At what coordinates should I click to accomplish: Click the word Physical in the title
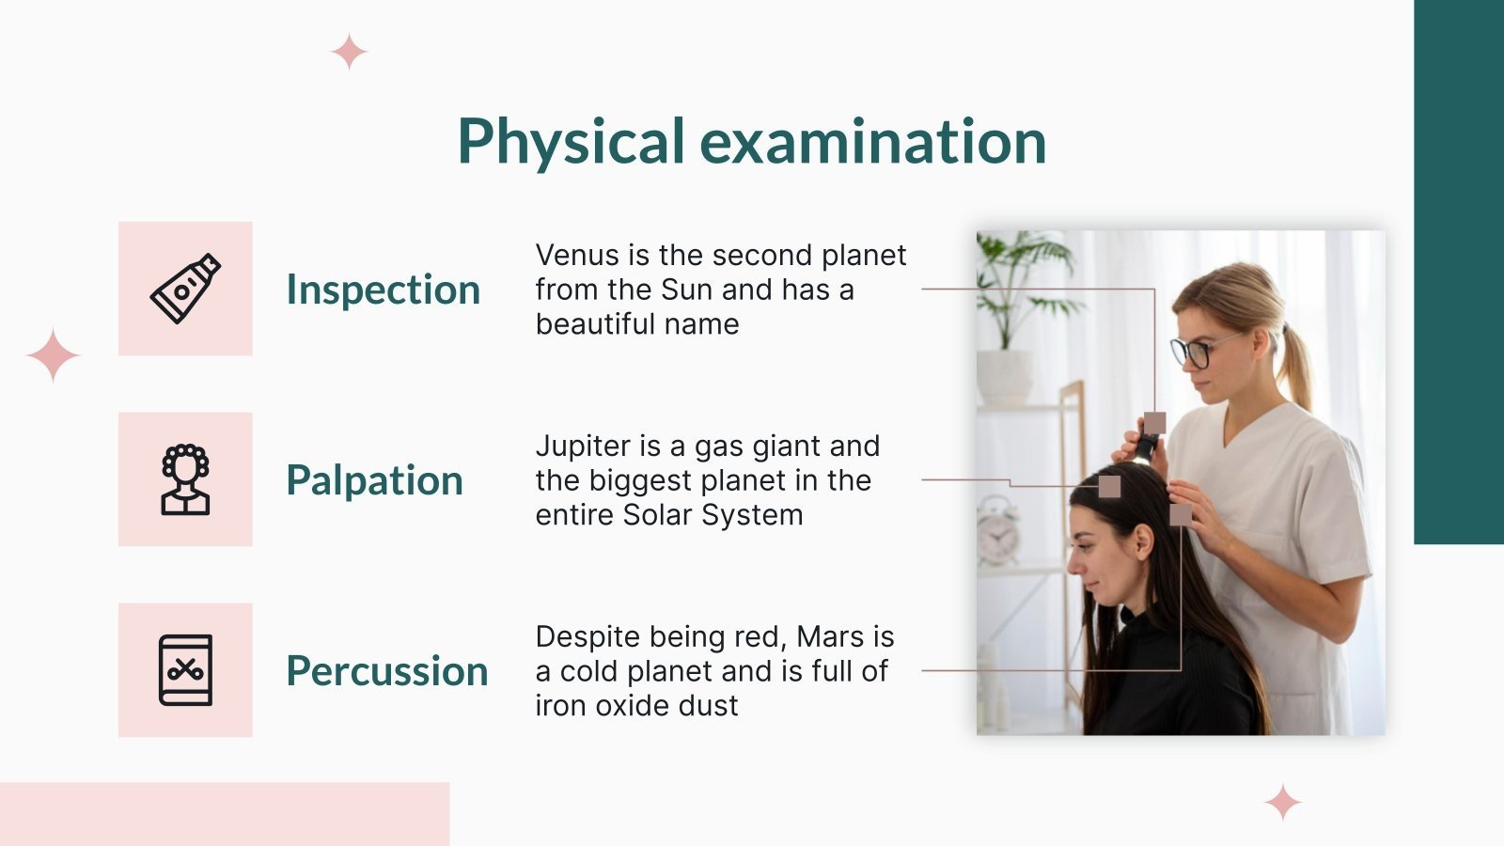click(571, 143)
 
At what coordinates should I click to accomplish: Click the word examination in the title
click(872, 143)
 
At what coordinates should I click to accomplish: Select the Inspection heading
click(383, 290)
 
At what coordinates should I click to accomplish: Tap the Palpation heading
click(374, 480)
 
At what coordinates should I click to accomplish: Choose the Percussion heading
click(386, 671)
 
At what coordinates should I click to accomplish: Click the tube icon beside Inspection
click(185, 289)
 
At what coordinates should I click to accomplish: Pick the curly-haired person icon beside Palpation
click(185, 479)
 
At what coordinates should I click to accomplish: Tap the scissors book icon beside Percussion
click(185, 670)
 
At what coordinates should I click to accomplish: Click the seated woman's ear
click(1143, 541)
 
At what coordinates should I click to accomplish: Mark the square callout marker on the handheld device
click(1154, 423)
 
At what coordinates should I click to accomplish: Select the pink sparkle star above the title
click(349, 52)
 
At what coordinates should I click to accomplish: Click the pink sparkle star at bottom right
click(1282, 804)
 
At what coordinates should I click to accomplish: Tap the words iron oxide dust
click(636, 706)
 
